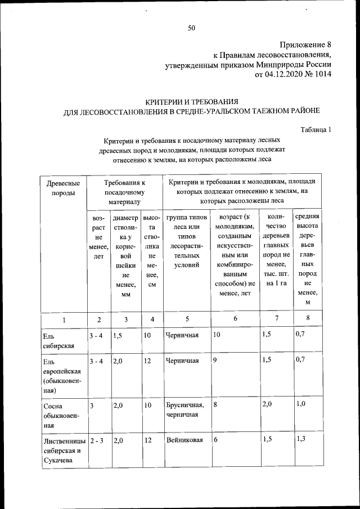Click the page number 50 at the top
[x=191, y=28]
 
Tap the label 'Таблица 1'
[x=316, y=129]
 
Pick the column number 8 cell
[x=307, y=319]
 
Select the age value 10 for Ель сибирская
[x=217, y=335]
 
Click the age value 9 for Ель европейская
[x=215, y=361]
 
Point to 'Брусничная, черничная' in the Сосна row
[x=186, y=410]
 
